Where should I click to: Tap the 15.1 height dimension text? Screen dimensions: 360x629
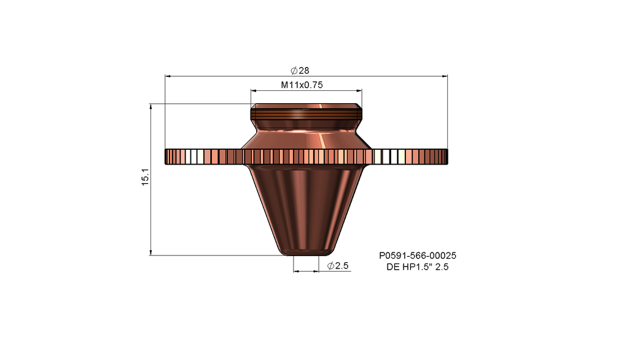[x=145, y=179]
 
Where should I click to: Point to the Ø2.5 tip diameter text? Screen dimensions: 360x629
[x=338, y=266]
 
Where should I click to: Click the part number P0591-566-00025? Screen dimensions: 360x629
[x=417, y=255]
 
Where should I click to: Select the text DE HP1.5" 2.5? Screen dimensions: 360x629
[x=417, y=267]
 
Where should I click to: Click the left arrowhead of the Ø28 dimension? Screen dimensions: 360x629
[x=168, y=77]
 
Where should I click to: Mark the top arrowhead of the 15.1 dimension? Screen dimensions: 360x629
[x=151, y=107]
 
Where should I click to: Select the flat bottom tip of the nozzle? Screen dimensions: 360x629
[x=306, y=252]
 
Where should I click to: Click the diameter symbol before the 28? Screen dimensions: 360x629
[x=294, y=71]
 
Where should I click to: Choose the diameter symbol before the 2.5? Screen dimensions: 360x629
[x=330, y=266]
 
